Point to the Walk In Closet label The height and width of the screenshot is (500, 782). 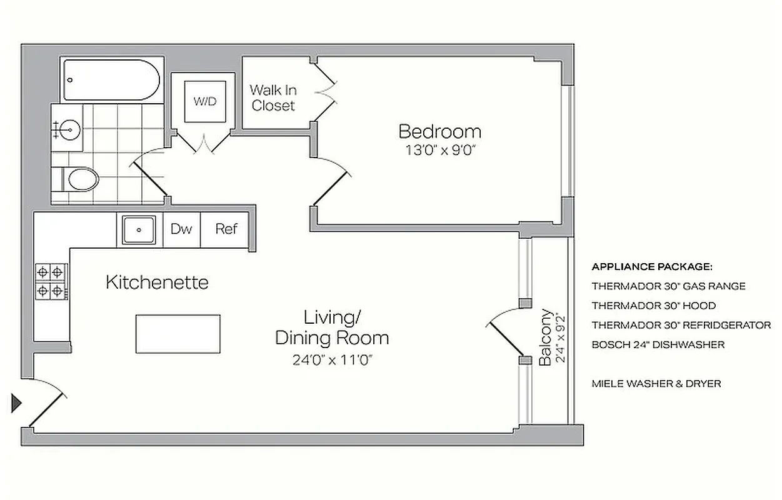[273, 98]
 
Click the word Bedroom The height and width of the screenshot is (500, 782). [439, 132]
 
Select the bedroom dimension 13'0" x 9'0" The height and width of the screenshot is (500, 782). [439, 151]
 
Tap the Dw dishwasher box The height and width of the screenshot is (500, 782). [181, 229]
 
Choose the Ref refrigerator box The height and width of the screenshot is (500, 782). [226, 229]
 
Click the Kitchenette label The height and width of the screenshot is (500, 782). [157, 282]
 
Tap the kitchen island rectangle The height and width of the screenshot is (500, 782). [178, 334]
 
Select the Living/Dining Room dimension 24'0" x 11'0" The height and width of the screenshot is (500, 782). [332, 360]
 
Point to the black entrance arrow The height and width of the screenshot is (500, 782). [16, 403]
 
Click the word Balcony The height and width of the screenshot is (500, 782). [546, 337]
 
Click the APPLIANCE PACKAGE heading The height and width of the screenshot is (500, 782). [651, 267]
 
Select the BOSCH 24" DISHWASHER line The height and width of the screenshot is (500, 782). [658, 344]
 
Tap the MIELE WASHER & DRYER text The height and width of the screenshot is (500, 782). [656, 383]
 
